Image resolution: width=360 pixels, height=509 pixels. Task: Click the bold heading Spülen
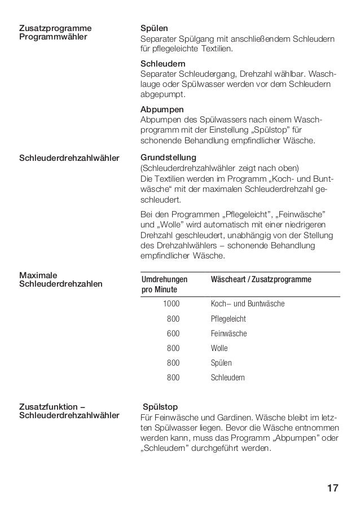[154, 28]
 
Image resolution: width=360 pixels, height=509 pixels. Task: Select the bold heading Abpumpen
[161, 108]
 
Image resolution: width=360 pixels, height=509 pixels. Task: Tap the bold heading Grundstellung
[168, 157]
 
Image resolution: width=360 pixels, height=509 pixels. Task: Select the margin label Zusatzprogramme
[55, 28]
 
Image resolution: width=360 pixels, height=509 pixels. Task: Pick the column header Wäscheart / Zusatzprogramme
[261, 280]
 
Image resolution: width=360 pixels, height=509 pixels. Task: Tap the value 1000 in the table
[172, 304]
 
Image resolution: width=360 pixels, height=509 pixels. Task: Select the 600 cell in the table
[174, 334]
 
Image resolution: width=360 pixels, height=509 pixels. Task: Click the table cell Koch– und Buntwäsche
[248, 304]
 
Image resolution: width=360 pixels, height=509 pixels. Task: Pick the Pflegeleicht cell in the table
[229, 319]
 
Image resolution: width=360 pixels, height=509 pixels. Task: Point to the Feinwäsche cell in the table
[229, 334]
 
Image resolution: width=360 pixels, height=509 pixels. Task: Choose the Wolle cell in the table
[219, 348]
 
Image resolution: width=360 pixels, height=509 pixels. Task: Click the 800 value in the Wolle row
[174, 348]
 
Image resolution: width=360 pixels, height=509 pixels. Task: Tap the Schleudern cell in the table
[228, 378]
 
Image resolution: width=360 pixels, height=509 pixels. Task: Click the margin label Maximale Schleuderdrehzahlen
[61, 279]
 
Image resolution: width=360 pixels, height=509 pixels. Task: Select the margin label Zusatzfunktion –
[52, 406]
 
